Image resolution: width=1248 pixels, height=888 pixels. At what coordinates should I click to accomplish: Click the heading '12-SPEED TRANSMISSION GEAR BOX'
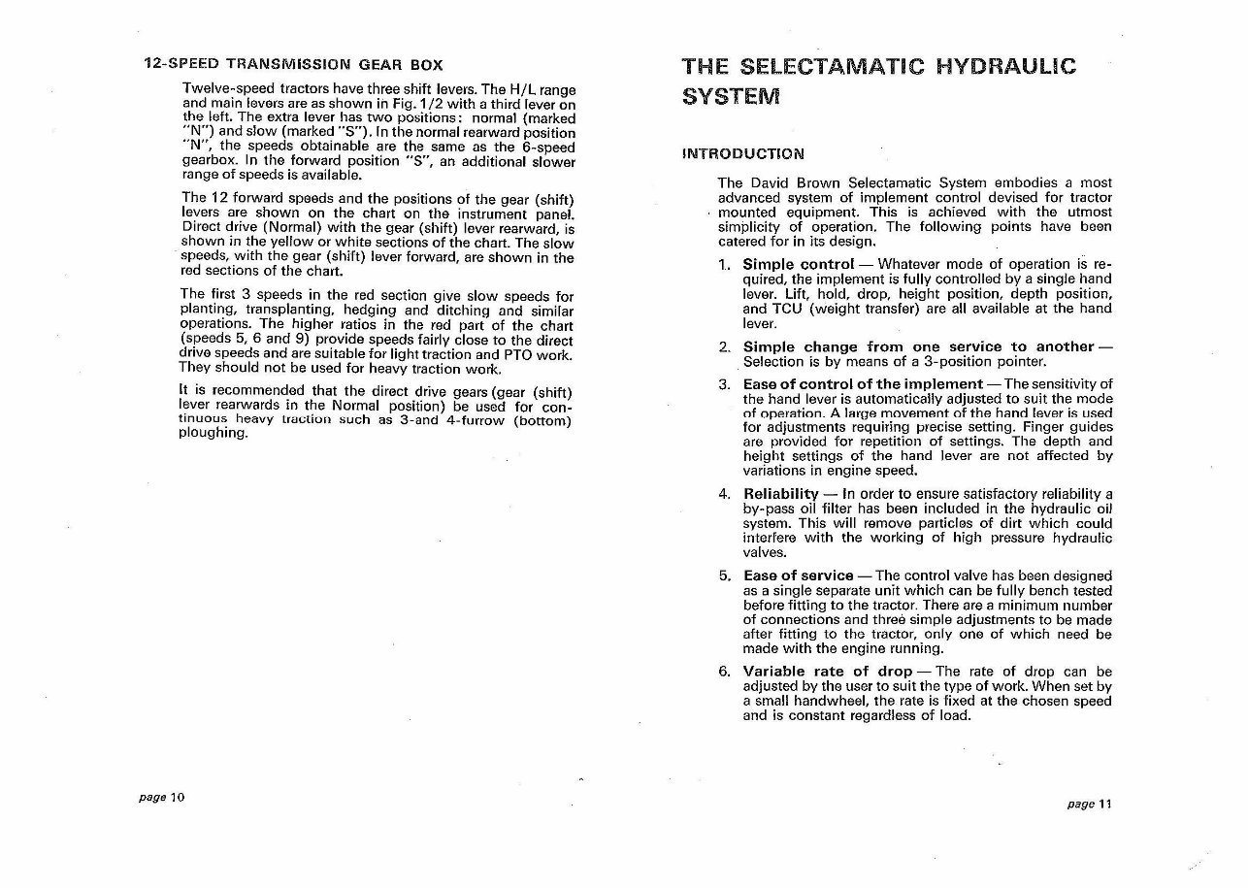pos(293,65)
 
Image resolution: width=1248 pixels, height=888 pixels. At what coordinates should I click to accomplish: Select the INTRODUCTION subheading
pos(744,153)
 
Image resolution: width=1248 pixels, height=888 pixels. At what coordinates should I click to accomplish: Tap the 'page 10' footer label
pos(161,797)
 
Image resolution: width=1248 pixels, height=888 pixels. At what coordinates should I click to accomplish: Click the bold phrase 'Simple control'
pos(798,264)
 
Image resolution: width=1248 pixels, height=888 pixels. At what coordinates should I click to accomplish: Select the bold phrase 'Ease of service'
pos(798,576)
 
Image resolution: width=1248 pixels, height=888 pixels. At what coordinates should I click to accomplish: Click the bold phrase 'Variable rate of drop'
pos(827,672)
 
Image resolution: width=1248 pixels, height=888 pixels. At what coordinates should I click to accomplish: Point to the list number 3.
pos(723,383)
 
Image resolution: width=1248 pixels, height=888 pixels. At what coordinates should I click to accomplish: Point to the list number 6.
pos(723,672)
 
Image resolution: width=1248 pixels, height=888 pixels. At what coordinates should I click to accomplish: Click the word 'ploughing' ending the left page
pos(214,434)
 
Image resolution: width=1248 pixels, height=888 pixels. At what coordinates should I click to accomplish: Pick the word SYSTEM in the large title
pos(731,97)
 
